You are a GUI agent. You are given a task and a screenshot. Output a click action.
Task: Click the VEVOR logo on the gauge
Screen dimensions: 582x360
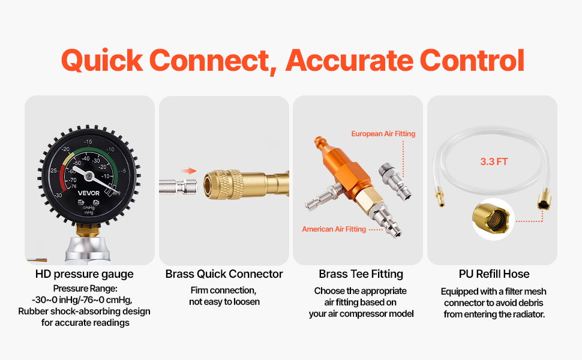tap(88, 193)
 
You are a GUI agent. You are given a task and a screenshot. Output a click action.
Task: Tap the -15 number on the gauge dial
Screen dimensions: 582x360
tap(88, 142)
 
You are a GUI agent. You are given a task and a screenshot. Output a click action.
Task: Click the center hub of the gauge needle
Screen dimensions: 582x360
tap(89, 176)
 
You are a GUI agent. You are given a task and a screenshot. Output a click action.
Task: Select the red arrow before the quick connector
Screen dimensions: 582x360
tap(189, 171)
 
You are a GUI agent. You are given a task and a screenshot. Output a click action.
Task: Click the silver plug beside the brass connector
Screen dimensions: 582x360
tap(178, 187)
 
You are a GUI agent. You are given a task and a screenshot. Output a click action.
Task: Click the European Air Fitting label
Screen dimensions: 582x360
tap(383, 134)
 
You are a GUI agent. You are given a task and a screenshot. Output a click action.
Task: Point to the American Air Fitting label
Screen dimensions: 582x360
tap(334, 229)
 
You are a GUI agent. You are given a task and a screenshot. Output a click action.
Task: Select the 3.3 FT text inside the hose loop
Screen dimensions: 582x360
tap(494, 161)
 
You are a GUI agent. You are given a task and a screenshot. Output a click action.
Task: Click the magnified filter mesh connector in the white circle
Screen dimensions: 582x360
tap(493, 219)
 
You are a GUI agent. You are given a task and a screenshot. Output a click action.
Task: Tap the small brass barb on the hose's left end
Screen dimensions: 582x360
tap(440, 197)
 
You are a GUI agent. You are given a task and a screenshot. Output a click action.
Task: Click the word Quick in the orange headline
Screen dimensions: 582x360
tap(102, 61)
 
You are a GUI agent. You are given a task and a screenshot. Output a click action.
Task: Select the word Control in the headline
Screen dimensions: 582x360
tap(472, 60)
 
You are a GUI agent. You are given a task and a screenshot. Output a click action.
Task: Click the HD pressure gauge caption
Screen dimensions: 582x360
tap(84, 274)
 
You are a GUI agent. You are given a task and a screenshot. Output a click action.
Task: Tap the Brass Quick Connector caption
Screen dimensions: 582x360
tap(224, 274)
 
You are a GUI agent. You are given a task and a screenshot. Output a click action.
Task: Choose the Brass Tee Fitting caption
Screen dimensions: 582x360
tap(361, 274)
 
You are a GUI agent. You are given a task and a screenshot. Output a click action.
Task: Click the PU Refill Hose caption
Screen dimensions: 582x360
tap(494, 274)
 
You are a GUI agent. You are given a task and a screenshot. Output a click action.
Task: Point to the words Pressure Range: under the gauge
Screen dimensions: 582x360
tap(85, 289)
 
